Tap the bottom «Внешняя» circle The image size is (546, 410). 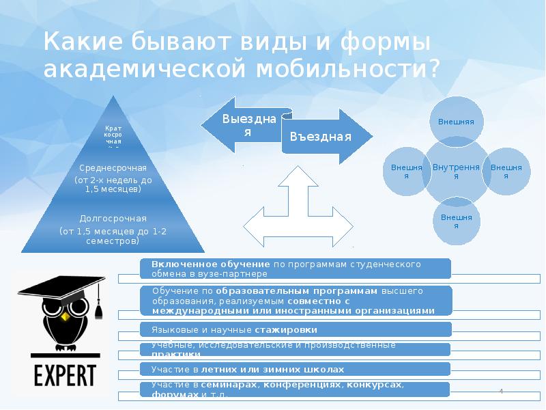(457, 220)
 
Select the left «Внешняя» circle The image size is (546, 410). (407, 171)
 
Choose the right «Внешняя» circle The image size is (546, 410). (506, 171)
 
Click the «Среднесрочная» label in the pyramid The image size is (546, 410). (113, 168)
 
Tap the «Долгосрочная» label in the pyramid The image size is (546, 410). (113, 219)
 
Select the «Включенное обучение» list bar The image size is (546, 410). (295, 268)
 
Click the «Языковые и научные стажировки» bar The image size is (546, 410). (295, 329)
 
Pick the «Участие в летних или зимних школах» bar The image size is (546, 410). (295, 369)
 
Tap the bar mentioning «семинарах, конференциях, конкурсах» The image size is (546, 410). (295, 389)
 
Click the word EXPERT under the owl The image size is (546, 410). (66, 377)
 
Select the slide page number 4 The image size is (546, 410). (502, 391)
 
